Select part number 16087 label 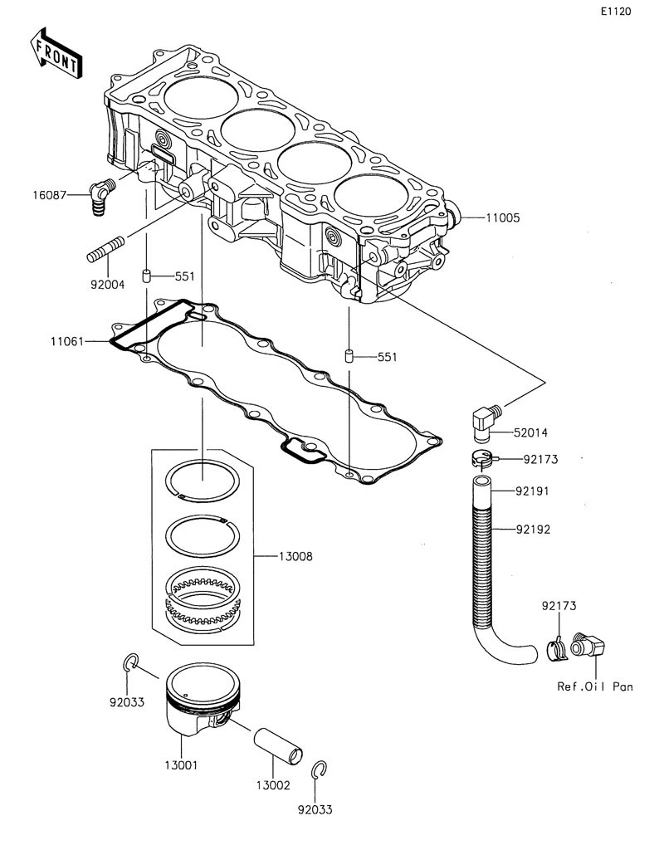pos(48,195)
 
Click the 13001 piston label pos(180,765)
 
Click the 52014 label pos(531,432)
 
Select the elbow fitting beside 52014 pos(484,420)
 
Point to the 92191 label pos(532,491)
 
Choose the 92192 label pos(532,528)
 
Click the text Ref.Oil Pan pos(595,686)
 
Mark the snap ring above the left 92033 pos(129,661)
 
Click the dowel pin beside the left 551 pos(146,276)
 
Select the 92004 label pos(108,284)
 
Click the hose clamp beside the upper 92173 pos(481,458)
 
